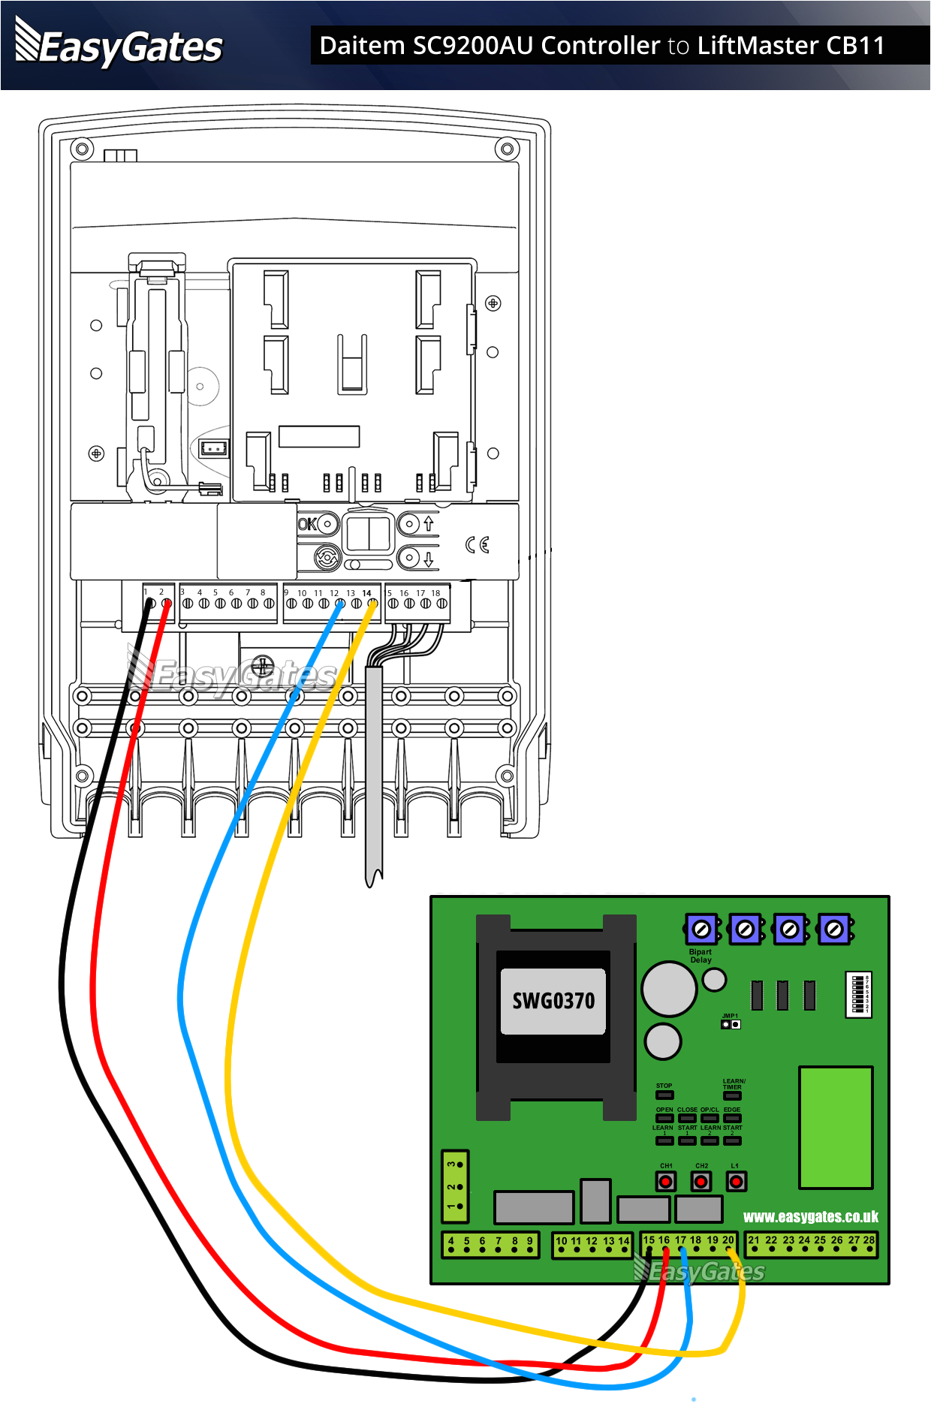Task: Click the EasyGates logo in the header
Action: (x=119, y=46)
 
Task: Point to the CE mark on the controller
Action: (x=478, y=544)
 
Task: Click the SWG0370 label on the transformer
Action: (x=553, y=1001)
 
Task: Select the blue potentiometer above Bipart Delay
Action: (x=701, y=929)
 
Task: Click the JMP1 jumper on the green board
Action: (x=731, y=1024)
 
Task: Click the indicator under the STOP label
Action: (x=664, y=1095)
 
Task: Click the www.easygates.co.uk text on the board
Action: (x=810, y=1217)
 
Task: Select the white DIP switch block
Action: (x=858, y=994)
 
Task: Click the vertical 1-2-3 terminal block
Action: (x=455, y=1186)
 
